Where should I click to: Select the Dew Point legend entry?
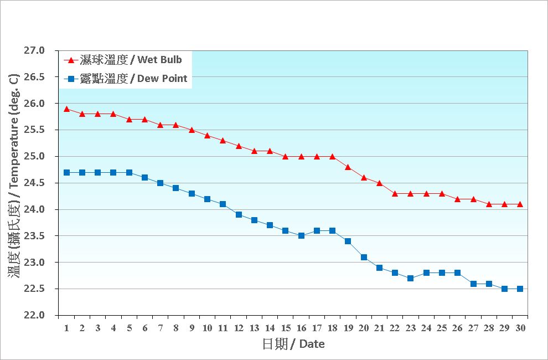[x=133, y=79]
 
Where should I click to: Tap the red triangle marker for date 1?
[x=66, y=109]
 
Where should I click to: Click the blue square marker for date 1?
[x=66, y=172]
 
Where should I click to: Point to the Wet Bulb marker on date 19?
[x=348, y=167]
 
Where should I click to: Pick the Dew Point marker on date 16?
[x=301, y=235]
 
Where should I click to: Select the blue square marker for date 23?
[x=410, y=278]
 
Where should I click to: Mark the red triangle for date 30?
[x=520, y=204]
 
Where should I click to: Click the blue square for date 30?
[x=520, y=289]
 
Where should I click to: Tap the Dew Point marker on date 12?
[x=239, y=214]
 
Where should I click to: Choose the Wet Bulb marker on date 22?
[x=395, y=193]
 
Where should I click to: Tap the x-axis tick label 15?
[x=286, y=328]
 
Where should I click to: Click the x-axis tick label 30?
[x=520, y=328]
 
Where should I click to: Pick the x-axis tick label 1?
[x=66, y=328]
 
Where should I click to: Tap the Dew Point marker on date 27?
[x=473, y=284]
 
